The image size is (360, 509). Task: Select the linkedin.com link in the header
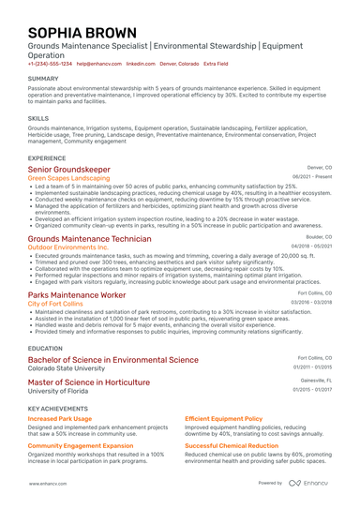point(141,64)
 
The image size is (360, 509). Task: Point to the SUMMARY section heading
point(43,79)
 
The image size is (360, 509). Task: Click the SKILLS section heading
point(38,119)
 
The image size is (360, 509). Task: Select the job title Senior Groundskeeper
point(69,169)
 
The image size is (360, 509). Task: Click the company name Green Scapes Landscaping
point(68,177)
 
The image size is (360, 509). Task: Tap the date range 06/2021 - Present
point(312,176)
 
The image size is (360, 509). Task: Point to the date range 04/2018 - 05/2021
point(311,247)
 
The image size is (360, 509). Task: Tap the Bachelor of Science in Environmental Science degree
point(112,359)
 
